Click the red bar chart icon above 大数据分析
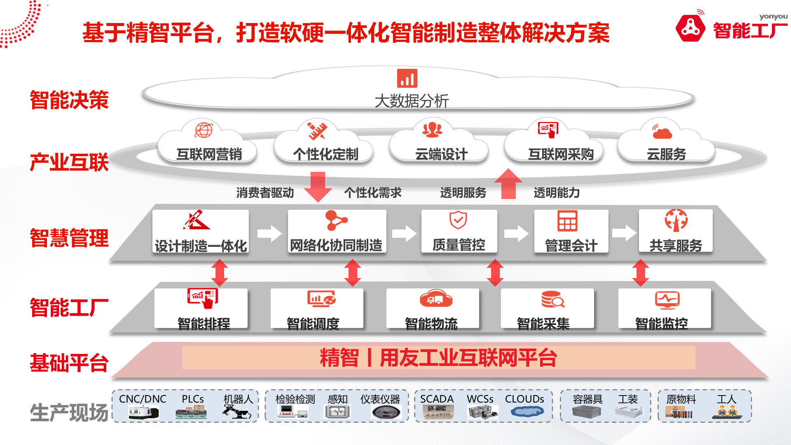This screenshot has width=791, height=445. coord(407,78)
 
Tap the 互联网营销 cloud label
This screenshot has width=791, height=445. coord(209,155)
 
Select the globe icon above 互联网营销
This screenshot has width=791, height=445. coord(204,130)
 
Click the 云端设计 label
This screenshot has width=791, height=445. coord(441,155)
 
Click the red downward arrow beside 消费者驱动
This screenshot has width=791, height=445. coord(318,187)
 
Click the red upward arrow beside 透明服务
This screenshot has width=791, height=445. coord(508,184)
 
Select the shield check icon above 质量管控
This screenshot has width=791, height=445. coord(458,220)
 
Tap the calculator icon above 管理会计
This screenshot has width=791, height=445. coord(567,221)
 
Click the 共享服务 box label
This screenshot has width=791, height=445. coord(676,246)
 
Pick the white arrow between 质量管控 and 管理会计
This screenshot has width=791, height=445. coord(516,234)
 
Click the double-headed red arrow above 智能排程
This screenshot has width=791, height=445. coord(220,272)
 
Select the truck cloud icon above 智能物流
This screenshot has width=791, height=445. coord(436,299)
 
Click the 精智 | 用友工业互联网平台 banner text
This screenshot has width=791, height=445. coord(439,358)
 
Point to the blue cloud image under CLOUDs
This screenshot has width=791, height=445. coord(527,411)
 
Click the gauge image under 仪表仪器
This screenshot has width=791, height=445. coord(386,412)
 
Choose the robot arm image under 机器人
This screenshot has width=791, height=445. coord(237,412)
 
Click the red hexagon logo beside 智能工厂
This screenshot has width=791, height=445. coord(690,28)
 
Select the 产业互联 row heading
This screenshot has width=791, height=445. coord(69,162)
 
